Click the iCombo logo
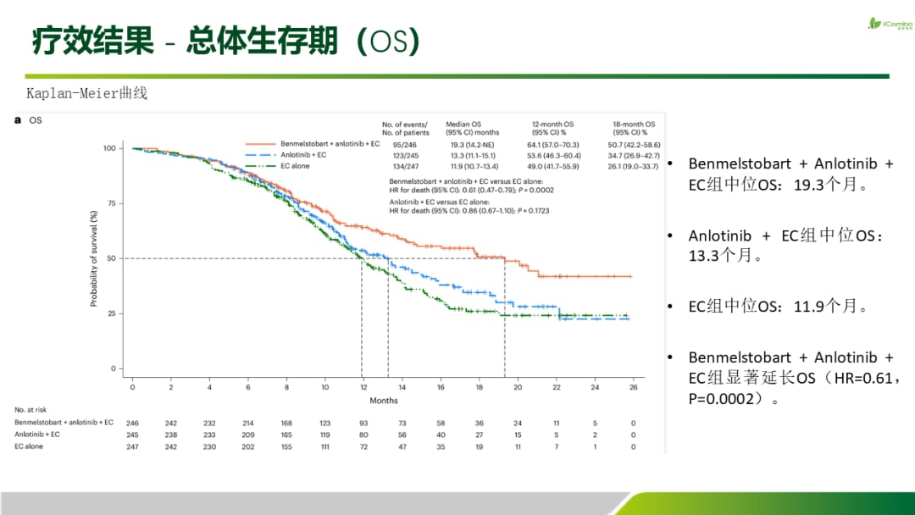(x=890, y=24)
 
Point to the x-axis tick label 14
(x=402, y=387)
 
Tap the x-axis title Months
(x=384, y=401)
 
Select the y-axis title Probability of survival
(x=93, y=258)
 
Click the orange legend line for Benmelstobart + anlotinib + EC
(x=260, y=143)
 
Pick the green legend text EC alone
(x=296, y=166)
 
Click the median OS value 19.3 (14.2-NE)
(x=472, y=145)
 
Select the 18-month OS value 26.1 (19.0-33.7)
(x=634, y=166)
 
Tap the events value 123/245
(x=406, y=156)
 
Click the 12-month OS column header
(x=552, y=128)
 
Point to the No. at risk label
(x=30, y=410)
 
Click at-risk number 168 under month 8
(x=286, y=424)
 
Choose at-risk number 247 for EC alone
(x=132, y=446)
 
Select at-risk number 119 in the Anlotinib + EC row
(x=325, y=435)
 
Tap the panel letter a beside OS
(x=18, y=120)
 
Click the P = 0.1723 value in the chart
(x=534, y=211)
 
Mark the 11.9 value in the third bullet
(x=812, y=306)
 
